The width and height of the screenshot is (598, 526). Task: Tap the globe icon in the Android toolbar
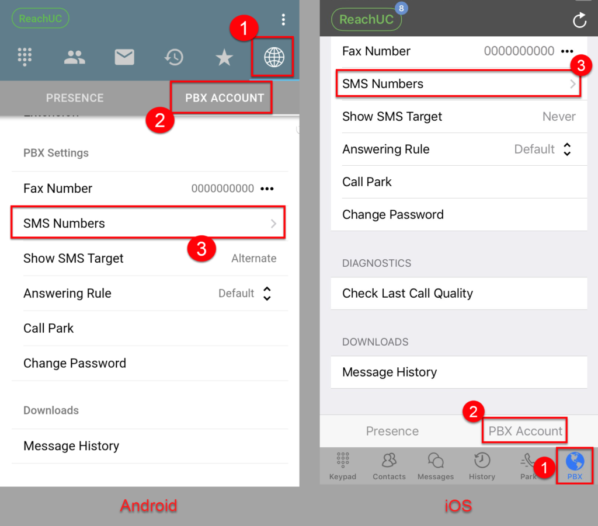(x=274, y=57)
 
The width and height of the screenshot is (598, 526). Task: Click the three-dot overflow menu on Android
(x=283, y=20)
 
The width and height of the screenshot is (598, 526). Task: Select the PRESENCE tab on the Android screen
(x=75, y=98)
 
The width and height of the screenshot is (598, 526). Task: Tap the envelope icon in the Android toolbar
(x=124, y=57)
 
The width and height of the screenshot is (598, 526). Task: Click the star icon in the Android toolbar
(x=224, y=57)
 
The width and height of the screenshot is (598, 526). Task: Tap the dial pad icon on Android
(x=25, y=57)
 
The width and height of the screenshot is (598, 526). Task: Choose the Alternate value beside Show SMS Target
(x=253, y=259)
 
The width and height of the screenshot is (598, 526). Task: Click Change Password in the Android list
(x=75, y=363)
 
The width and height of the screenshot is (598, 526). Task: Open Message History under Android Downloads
(x=71, y=446)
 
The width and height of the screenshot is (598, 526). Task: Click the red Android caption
(x=148, y=505)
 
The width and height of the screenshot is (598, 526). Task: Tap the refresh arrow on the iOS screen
(x=579, y=20)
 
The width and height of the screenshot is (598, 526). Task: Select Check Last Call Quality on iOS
(x=408, y=293)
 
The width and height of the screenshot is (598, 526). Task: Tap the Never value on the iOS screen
(x=559, y=117)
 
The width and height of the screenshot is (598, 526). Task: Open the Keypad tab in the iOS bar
(x=343, y=466)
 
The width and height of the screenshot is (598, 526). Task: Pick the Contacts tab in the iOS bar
(x=389, y=466)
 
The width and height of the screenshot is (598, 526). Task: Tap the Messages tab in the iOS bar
(x=436, y=466)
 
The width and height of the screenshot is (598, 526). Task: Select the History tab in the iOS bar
(x=482, y=466)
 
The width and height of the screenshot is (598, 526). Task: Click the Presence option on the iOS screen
(x=392, y=431)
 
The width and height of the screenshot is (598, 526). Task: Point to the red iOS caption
(x=458, y=505)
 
